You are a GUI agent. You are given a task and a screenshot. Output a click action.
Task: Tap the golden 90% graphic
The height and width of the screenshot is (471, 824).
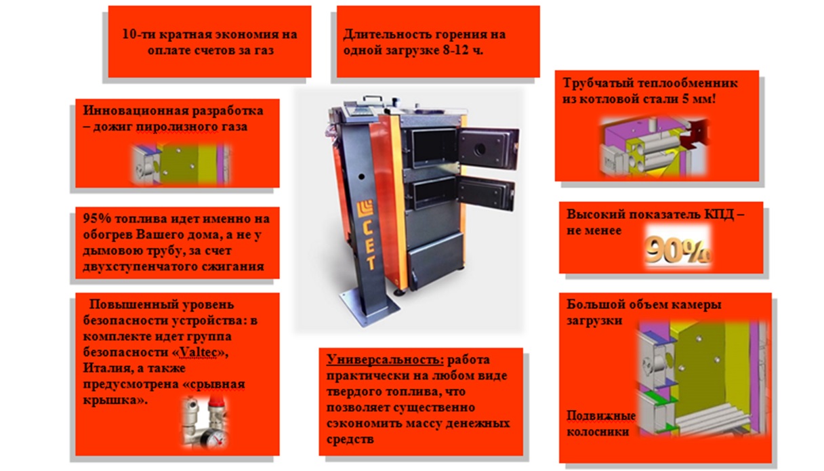pos(678,251)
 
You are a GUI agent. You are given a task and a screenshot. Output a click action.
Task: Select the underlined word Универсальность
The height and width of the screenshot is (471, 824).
pos(385,359)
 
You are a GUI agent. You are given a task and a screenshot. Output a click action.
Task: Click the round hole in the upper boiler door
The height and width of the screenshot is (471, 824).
pos(480,149)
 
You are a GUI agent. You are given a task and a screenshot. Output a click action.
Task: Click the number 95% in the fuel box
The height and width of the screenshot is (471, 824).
pos(97,218)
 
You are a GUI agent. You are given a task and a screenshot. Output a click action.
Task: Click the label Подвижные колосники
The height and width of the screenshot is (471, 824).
pos(600,424)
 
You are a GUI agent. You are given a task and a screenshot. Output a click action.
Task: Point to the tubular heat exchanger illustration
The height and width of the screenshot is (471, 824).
pos(654,146)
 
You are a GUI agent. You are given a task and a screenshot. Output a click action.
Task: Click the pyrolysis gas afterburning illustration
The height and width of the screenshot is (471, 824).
pos(181,165)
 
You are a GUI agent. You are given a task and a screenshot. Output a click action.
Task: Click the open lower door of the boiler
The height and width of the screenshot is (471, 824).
pos(486,193)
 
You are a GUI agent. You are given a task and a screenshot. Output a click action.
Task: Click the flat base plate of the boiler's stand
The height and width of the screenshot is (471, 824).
pos(369,306)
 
